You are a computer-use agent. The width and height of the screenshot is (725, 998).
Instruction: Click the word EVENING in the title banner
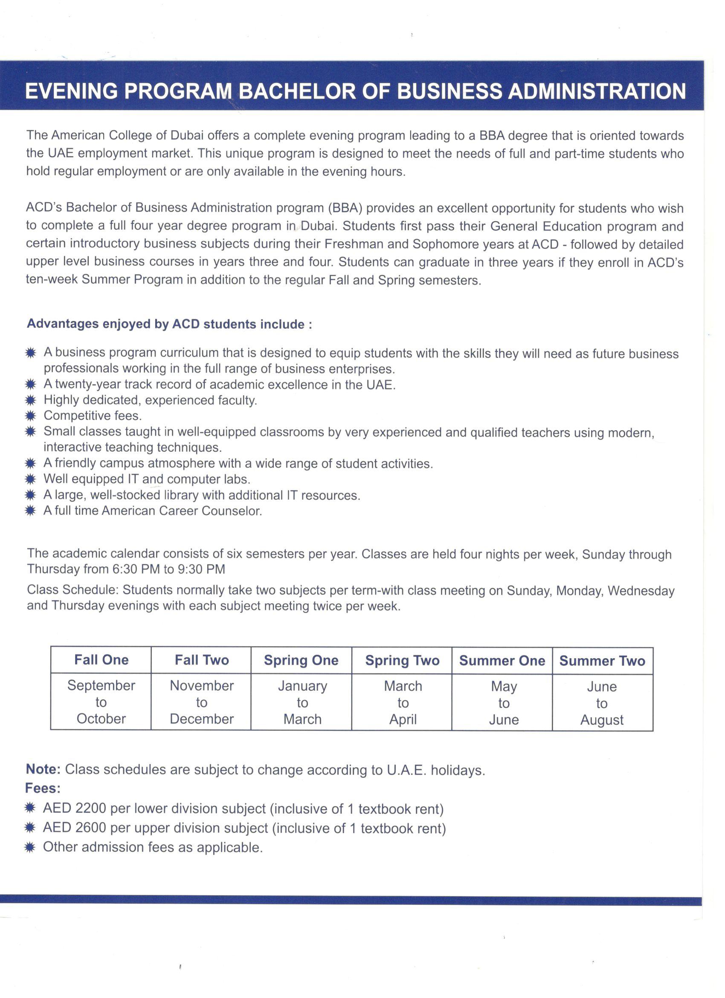tap(71, 91)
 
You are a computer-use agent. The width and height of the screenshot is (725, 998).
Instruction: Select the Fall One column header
tap(101, 659)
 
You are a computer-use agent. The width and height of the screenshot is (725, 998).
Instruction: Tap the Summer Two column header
tap(602, 660)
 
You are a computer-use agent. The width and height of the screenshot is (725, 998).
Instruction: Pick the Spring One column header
tap(301, 660)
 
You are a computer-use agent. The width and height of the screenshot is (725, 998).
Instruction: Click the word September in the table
tap(101, 685)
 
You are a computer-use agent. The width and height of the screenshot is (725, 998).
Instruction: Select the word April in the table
tap(403, 719)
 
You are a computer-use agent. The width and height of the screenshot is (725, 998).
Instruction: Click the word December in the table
tap(202, 719)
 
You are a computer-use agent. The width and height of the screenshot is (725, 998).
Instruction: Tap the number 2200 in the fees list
tap(90, 808)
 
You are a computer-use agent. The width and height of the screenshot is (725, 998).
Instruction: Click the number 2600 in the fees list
tap(90, 828)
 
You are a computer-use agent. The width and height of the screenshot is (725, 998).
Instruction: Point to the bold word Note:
tap(43, 769)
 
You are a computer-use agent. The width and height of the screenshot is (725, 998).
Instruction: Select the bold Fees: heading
tap(43, 788)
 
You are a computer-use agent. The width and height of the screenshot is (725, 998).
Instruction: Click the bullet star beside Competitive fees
tap(30, 416)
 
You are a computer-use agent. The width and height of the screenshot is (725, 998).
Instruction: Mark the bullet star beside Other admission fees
tap(30, 847)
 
